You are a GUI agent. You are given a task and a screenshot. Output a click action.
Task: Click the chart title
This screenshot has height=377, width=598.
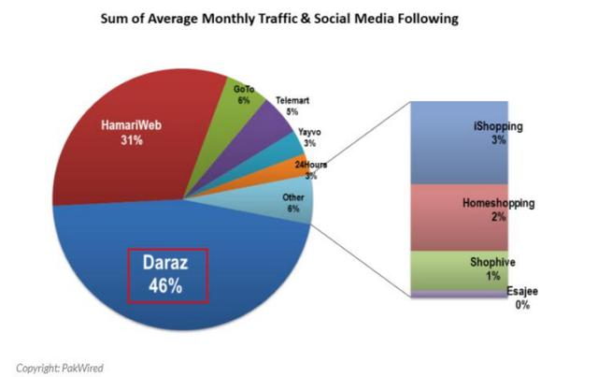[298, 18]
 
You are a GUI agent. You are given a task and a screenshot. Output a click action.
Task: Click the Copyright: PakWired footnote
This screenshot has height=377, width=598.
[62, 366]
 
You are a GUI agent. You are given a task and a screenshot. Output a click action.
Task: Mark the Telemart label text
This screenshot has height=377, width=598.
[292, 100]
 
